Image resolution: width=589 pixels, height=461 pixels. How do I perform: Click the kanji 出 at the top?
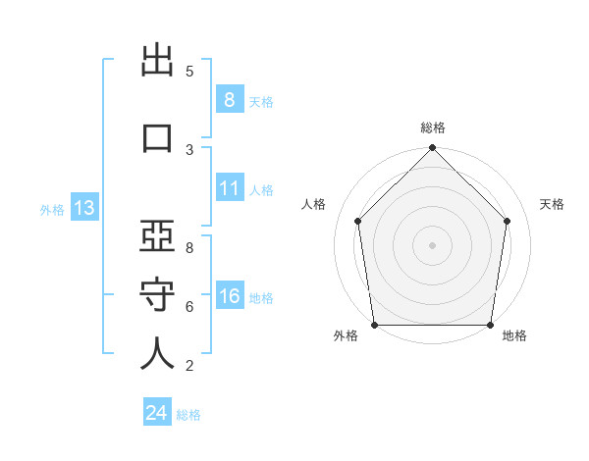(157, 60)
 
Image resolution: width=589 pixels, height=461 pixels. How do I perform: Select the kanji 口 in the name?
(157, 138)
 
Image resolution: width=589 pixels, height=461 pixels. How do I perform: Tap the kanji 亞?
(157, 235)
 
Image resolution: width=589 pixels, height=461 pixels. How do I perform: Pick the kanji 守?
(157, 294)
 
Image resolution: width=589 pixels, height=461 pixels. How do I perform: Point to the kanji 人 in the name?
(157, 353)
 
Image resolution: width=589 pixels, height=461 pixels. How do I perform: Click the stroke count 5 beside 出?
(189, 72)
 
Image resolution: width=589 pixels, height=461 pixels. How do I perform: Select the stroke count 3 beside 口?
(189, 150)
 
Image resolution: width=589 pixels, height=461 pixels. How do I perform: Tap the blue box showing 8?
(230, 99)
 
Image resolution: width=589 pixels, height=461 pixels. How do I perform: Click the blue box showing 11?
(230, 187)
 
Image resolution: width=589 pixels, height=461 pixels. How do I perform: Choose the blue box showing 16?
(230, 294)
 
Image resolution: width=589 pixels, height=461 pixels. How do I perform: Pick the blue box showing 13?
(84, 207)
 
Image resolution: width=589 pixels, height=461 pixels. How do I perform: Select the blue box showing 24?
(157, 411)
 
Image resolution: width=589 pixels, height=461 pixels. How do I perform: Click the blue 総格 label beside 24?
(188, 415)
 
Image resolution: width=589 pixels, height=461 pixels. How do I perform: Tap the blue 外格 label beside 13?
(52, 210)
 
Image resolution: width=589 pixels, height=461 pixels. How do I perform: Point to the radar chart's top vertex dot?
(432, 147)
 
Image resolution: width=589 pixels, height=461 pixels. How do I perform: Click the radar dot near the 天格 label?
(507, 221)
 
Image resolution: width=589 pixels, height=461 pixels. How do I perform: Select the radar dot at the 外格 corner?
(375, 325)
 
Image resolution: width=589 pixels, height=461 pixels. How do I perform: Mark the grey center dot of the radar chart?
(432, 245)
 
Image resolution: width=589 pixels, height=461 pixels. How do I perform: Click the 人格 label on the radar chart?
(313, 204)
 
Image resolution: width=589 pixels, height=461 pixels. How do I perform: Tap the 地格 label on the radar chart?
(514, 335)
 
